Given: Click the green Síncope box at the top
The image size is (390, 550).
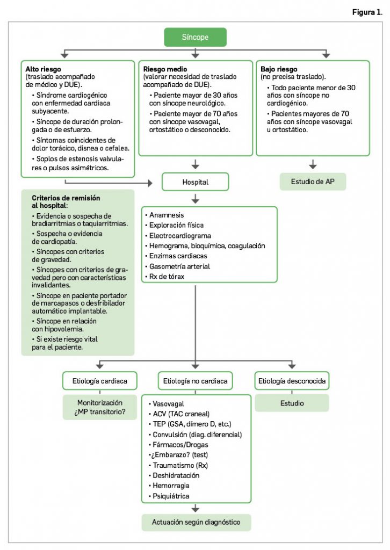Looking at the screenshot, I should point(195,38).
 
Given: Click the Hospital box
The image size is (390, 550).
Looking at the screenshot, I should point(196,182).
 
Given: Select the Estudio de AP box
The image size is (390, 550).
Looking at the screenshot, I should point(313,182).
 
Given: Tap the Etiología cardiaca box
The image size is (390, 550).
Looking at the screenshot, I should point(99,382).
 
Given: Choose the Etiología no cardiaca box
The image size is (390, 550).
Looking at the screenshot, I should point(196,382).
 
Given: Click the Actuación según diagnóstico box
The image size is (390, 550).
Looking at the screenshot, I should point(196,522).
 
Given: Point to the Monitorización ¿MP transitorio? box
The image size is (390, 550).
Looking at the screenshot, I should point(100,407).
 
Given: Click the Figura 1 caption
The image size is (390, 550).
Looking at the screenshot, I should point(366,12).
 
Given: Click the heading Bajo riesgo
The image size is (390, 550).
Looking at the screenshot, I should point(279,70).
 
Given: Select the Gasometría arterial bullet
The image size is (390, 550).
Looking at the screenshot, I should point(180,266).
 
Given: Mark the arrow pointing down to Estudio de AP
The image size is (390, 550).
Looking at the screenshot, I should point(313,163).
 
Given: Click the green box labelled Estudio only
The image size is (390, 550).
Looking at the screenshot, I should point(291,403).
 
